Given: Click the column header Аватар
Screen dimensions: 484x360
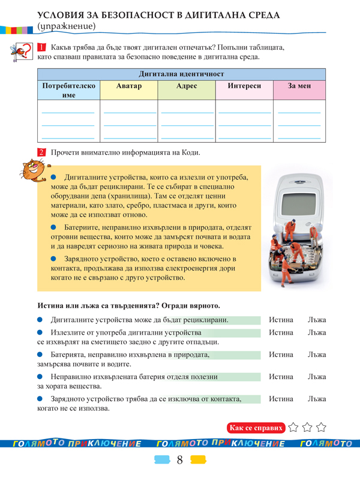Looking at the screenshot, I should point(128,86).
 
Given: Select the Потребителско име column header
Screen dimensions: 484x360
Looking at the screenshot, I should point(68,91).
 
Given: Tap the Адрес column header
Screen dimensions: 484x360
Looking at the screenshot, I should point(186,86).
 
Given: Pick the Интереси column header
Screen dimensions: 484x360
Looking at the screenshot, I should point(244,86).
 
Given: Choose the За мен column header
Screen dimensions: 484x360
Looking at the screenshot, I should point(299,86).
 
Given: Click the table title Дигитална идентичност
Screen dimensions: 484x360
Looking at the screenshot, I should point(181,74).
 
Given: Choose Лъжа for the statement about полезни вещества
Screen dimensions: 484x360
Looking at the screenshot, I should point(315,377).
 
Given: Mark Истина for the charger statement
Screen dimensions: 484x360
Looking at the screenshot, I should point(281,398).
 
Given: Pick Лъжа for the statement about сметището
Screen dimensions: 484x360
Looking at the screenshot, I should point(315,332).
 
